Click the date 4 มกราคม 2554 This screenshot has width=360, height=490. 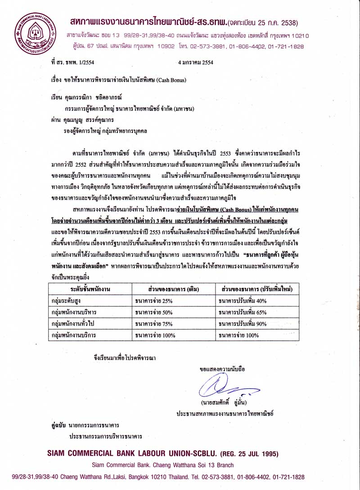coord(195,62)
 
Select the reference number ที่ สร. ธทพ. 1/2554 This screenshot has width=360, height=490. coord(72,62)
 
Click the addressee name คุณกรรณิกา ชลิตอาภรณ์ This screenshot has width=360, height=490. coord(90,97)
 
